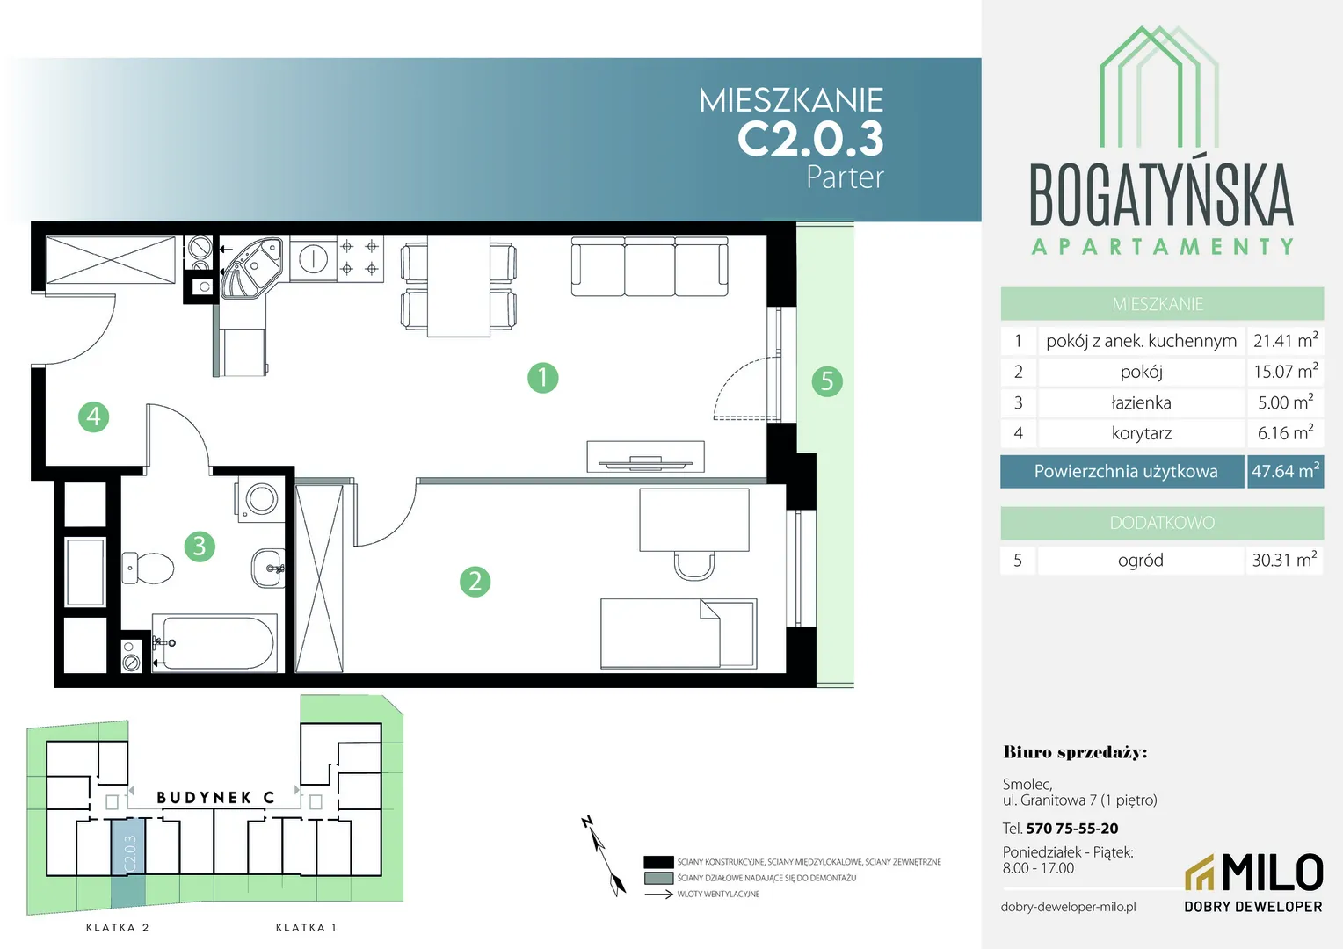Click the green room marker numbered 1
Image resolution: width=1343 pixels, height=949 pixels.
542,378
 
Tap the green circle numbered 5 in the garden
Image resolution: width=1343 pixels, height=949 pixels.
827,380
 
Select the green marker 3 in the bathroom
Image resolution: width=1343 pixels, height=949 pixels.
200,547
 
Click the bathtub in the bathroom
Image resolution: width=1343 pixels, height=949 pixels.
214,642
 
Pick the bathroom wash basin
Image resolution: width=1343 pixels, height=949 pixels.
268,568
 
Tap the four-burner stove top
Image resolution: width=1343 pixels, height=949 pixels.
359,257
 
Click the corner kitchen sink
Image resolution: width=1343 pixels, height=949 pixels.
251,267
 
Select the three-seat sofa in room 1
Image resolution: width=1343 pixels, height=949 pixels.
650,266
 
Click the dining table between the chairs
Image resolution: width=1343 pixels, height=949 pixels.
459,286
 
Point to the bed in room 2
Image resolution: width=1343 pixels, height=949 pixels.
679,634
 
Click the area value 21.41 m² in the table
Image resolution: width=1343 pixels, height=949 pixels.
1286,341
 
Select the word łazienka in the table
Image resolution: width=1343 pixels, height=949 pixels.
1141,402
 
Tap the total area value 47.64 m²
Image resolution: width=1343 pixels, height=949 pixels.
1286,471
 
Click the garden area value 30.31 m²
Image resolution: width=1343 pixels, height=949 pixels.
1284,560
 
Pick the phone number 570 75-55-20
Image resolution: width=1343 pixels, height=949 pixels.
1072,829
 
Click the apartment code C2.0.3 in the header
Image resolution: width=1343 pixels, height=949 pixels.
810,139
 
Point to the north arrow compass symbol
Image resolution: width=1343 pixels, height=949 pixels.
604,856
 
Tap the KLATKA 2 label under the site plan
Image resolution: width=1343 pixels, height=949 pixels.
118,927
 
